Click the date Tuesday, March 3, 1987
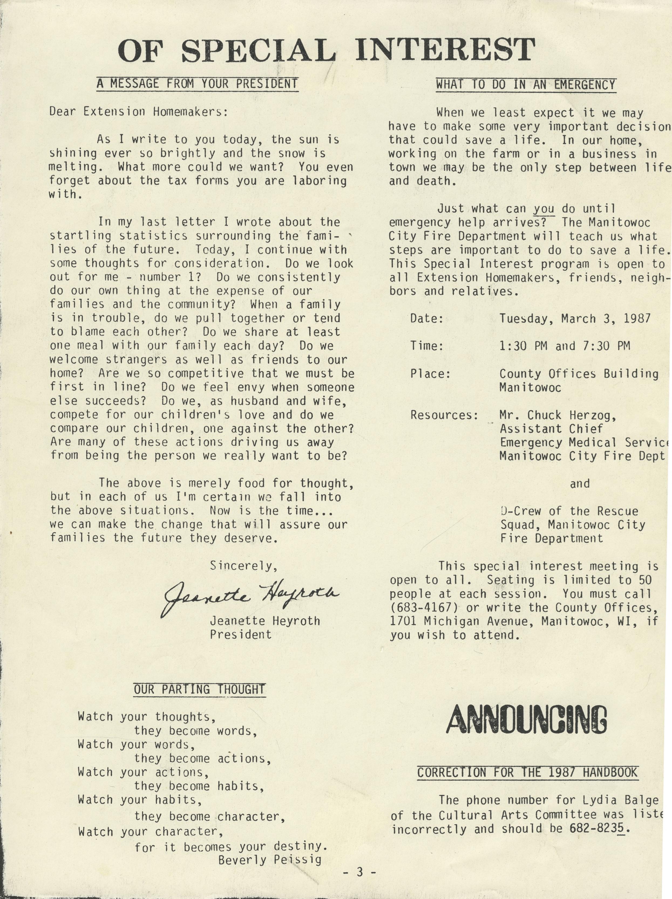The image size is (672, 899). click(575, 318)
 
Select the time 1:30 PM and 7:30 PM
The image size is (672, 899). click(565, 346)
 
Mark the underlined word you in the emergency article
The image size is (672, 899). click(544, 209)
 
